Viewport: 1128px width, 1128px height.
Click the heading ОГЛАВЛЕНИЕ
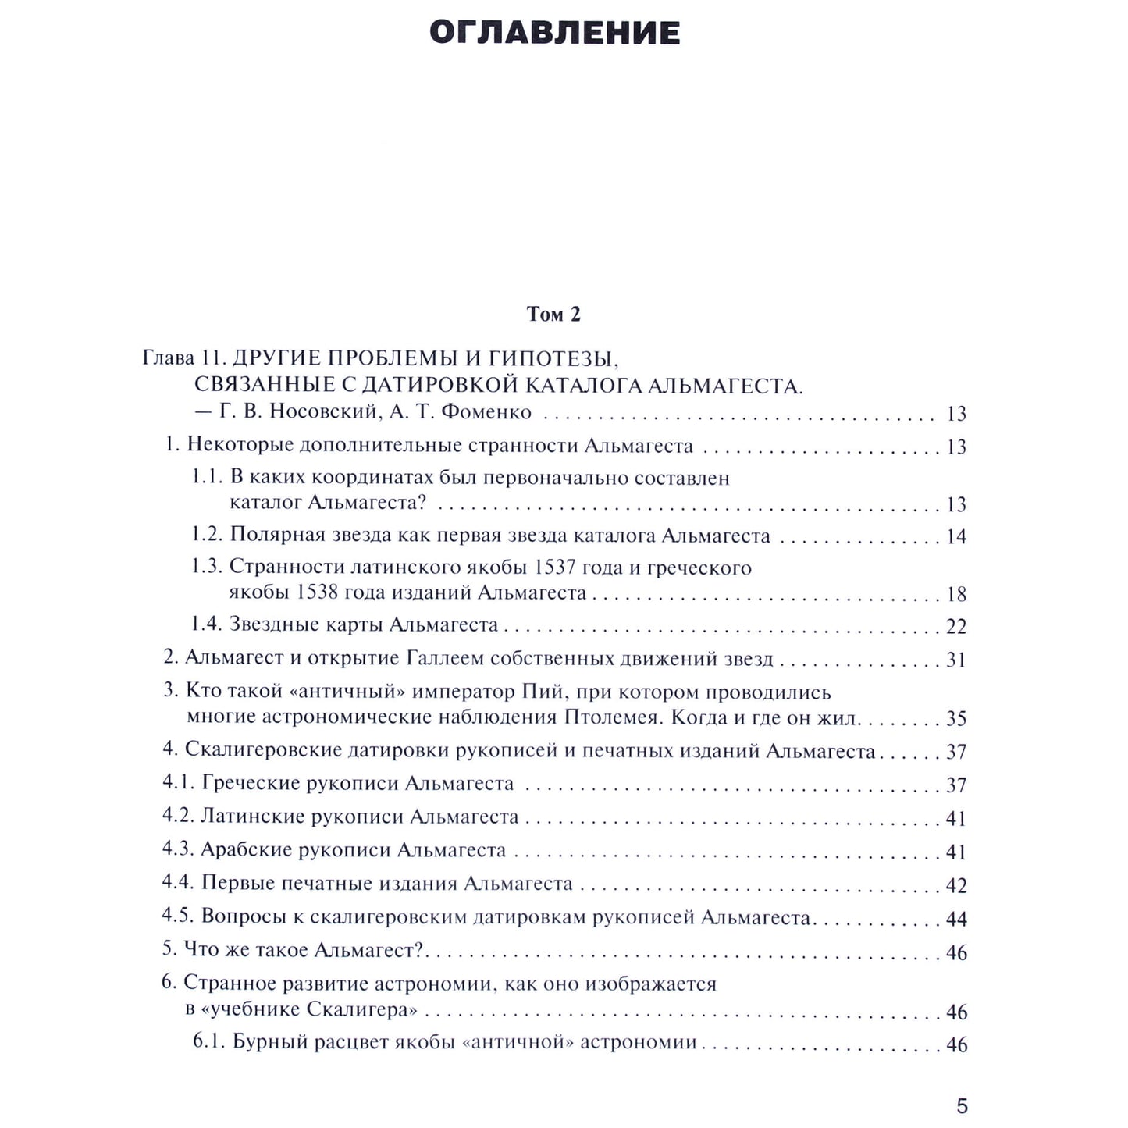point(555,33)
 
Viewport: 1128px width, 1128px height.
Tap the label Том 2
point(553,314)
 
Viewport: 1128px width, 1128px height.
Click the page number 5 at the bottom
point(962,1105)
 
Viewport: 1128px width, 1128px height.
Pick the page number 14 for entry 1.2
point(955,536)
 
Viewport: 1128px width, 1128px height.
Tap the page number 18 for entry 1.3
point(955,594)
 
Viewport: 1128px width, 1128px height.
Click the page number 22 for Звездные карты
point(955,626)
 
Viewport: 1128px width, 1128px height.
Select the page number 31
point(955,660)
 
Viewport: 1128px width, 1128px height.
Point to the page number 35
point(955,718)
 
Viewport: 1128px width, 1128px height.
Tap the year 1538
point(318,592)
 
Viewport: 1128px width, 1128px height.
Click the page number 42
point(955,885)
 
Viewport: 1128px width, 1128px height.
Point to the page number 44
point(955,919)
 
